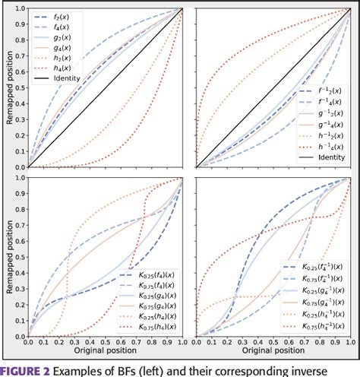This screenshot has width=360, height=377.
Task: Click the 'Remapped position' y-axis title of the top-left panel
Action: [7, 87]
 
